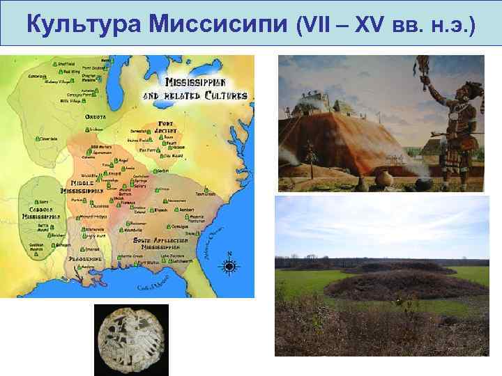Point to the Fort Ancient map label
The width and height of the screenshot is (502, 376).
point(165,127)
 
